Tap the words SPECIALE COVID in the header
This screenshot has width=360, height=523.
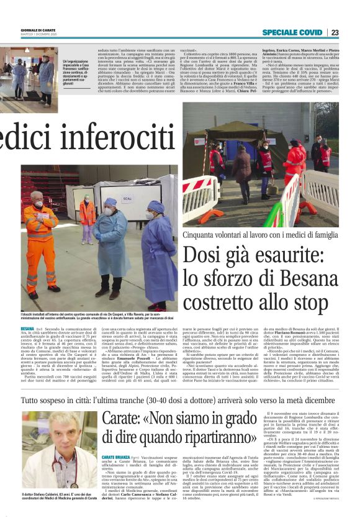click(292, 32)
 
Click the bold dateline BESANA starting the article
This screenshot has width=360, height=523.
click(27, 327)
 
